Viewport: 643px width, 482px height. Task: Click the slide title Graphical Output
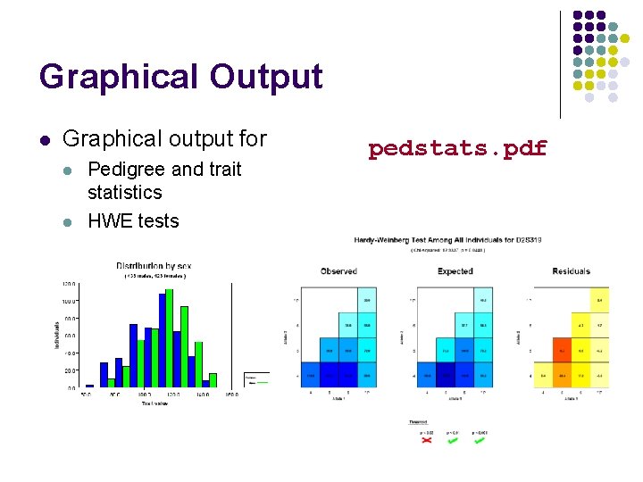(180, 77)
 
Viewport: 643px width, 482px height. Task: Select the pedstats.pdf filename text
(457, 148)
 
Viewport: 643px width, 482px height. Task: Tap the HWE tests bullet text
(133, 220)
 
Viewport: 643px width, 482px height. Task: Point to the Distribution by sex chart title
(154, 266)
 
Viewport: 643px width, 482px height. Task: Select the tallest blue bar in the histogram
(163, 339)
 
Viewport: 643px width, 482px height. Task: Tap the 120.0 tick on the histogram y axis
(68, 284)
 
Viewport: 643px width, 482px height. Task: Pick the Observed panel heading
(338, 271)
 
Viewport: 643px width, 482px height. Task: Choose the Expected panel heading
(455, 271)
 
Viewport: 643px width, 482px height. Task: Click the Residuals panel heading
(571, 271)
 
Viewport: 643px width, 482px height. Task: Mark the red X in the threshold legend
(426, 439)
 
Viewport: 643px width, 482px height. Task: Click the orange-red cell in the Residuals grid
(562, 350)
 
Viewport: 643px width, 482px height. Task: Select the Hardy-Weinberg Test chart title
(447, 240)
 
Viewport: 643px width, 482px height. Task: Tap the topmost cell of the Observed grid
(366, 300)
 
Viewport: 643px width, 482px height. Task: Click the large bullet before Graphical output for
(44, 140)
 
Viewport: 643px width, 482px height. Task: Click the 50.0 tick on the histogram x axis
(87, 394)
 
